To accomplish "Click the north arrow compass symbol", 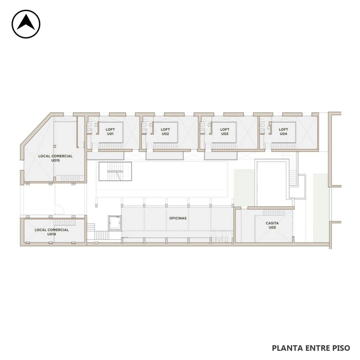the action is tap(26, 24).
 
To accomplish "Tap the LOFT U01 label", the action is tap(110, 132).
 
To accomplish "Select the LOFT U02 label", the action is tap(165, 132).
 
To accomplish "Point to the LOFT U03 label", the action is tap(225, 132).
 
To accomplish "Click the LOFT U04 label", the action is tap(283, 132).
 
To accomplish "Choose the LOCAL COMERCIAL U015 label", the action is tap(55, 158).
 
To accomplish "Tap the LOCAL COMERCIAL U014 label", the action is tap(52, 232).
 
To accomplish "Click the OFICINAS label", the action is tap(178, 218).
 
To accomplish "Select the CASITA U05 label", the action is tap(272, 225).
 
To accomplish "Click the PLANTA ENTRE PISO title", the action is tap(311, 348).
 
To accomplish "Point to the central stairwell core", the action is tap(115, 171).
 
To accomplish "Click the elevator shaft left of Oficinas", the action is tap(115, 223).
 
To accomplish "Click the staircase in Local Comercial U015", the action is tap(70, 178).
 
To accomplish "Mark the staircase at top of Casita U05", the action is tap(274, 212).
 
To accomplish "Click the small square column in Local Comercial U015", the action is tap(55, 146).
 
